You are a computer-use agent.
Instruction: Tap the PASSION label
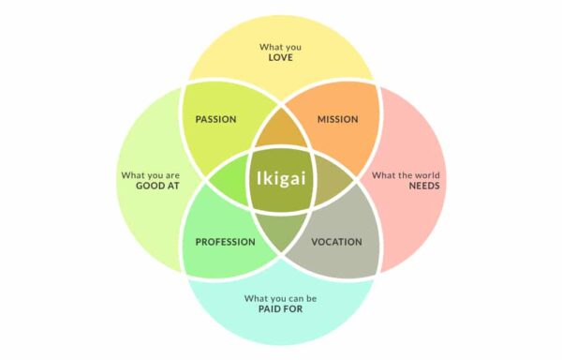coord(215,120)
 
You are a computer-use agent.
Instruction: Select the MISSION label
coord(337,120)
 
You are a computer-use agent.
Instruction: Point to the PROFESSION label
coord(225,242)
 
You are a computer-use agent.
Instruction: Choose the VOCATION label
coord(336,242)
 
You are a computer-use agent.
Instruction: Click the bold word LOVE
coord(281,58)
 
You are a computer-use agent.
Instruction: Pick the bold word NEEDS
coord(423,186)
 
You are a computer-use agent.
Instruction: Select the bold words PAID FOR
coord(281,308)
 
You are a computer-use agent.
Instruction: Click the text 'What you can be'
coord(281,297)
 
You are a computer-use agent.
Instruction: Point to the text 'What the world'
coord(406,174)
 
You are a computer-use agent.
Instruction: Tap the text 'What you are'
coord(150,174)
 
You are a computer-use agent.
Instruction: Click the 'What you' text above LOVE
coord(281,46)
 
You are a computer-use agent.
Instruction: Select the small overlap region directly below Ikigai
coord(281,228)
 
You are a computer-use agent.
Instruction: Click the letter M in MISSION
coord(320,120)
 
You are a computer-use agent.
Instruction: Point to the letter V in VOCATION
coord(313,242)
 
